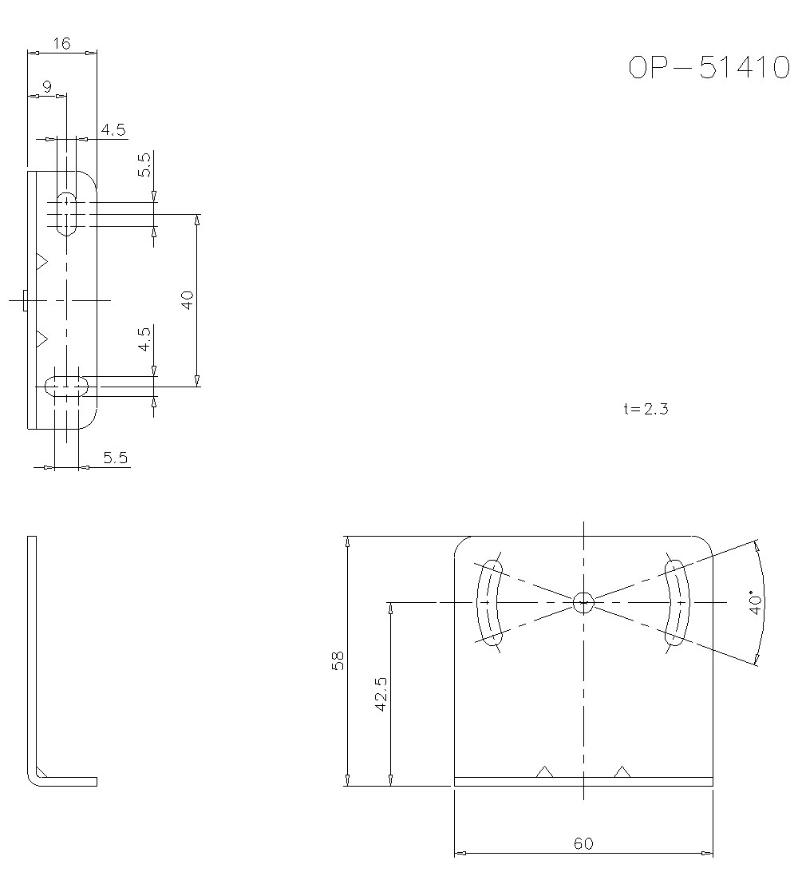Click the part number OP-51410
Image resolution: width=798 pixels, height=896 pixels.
pos(709,68)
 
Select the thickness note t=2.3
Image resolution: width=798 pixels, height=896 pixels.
pos(646,409)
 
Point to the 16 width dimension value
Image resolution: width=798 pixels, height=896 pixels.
pos(61,44)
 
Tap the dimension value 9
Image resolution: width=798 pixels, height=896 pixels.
pos(47,87)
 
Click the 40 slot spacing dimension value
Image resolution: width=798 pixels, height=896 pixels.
pos(188,300)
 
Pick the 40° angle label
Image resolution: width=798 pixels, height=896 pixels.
pos(754,602)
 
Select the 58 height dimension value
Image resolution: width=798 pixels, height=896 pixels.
pos(338,660)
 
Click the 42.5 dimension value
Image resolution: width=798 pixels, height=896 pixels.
pos(381,694)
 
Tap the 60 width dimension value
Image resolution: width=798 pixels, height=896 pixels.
pos(583,843)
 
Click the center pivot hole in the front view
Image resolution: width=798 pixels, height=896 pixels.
pos(583,602)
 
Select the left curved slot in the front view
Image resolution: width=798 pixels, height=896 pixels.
pos(489,602)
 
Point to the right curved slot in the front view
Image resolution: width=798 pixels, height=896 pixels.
pos(677,602)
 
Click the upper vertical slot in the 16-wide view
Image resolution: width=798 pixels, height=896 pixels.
pos(66,213)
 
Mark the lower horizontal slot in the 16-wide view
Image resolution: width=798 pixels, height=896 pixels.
pos(66,387)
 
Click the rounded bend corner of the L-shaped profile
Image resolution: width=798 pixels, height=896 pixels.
pos(35,777)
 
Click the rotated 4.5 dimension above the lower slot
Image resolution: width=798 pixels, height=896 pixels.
pos(144,339)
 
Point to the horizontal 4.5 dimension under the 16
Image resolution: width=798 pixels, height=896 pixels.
pos(113,130)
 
